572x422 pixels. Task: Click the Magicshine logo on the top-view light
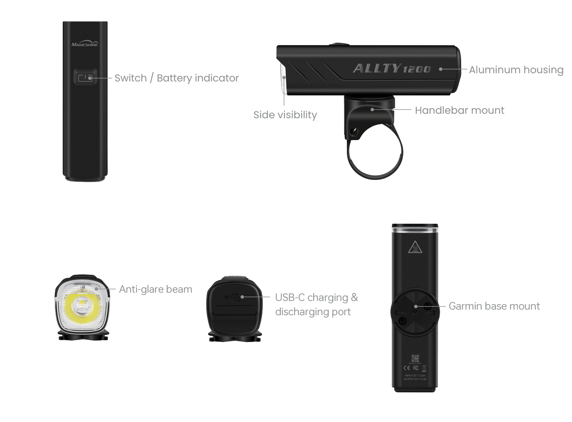tap(85, 44)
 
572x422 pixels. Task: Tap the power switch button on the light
tap(85, 78)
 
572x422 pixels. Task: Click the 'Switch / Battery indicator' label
tap(176, 78)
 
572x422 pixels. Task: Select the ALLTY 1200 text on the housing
tap(391, 69)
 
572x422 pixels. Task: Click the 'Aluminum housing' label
tap(516, 70)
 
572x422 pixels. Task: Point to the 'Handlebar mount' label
tap(459, 110)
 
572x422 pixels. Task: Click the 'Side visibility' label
tap(285, 115)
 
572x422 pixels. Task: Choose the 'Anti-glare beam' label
tap(155, 289)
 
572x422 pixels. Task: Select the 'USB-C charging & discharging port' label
tap(316, 304)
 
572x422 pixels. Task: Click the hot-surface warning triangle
tap(415, 247)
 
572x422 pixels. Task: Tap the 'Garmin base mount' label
tap(494, 306)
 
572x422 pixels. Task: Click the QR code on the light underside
tap(415, 359)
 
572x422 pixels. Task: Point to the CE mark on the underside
tap(407, 368)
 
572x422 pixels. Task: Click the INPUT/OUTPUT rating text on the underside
tap(415, 377)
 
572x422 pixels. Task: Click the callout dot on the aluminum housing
tap(441, 69)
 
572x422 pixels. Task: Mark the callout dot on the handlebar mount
tap(372, 110)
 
